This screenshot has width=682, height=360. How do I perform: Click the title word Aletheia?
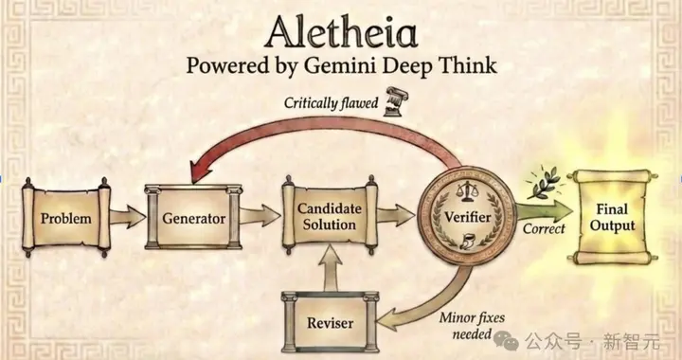pyautogui.click(x=341, y=32)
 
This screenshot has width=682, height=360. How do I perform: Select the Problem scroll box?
pyautogui.click(x=66, y=217)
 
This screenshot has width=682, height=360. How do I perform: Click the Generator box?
pyautogui.click(x=193, y=217)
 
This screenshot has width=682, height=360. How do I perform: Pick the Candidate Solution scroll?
pyautogui.click(x=330, y=216)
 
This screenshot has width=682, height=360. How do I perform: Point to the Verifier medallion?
pyautogui.click(x=467, y=216)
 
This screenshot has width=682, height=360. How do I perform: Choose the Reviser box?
pyautogui.click(x=330, y=322)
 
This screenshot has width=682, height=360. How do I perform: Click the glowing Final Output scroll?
pyautogui.click(x=612, y=217)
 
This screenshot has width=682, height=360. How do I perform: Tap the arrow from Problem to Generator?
pyautogui.click(x=128, y=217)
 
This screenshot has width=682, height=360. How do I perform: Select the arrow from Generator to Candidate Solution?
pyautogui.click(x=260, y=216)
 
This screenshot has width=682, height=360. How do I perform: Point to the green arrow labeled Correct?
pyautogui.click(x=544, y=212)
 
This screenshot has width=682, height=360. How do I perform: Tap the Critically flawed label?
pyautogui.click(x=331, y=103)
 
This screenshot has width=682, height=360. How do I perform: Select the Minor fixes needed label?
pyautogui.click(x=472, y=326)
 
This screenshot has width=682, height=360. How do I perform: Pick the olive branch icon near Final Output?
pyautogui.click(x=545, y=181)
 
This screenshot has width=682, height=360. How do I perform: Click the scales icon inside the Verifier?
pyautogui.click(x=465, y=191)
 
